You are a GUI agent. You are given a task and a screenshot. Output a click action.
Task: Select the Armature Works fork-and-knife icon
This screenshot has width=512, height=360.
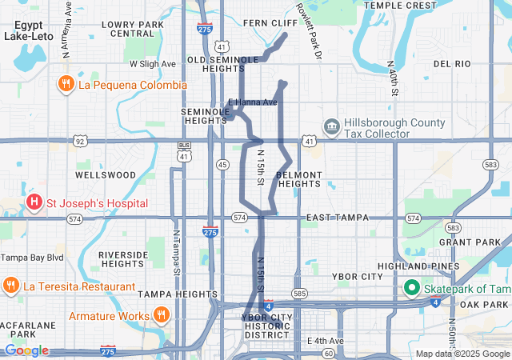[x=162, y=315]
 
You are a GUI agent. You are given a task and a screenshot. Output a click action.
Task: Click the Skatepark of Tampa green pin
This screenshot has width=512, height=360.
[x=412, y=287]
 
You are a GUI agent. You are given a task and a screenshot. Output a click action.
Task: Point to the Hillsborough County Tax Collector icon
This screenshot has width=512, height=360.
[x=331, y=126]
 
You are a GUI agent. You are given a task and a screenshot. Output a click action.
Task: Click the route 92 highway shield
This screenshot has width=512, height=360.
[x=79, y=142]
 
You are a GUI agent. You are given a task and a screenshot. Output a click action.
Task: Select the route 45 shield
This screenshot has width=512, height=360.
[x=222, y=164]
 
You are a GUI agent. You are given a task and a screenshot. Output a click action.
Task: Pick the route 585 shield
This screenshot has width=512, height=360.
[x=300, y=294]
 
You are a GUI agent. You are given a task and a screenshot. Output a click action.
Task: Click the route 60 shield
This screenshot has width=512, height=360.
[x=329, y=353]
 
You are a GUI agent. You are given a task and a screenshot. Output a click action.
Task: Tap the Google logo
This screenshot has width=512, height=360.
[x=26, y=350]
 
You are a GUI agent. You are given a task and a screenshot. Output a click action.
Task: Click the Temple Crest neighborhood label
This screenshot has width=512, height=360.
[x=400, y=6]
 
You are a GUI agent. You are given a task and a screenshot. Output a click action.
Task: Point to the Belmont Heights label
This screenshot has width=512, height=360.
[x=298, y=179]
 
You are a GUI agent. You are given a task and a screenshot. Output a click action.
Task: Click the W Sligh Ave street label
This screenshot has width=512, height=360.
[x=152, y=63]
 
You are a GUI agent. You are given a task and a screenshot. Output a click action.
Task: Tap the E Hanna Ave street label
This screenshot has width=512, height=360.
[x=253, y=102]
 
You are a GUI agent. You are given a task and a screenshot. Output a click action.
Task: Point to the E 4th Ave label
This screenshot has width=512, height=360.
[x=325, y=341]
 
